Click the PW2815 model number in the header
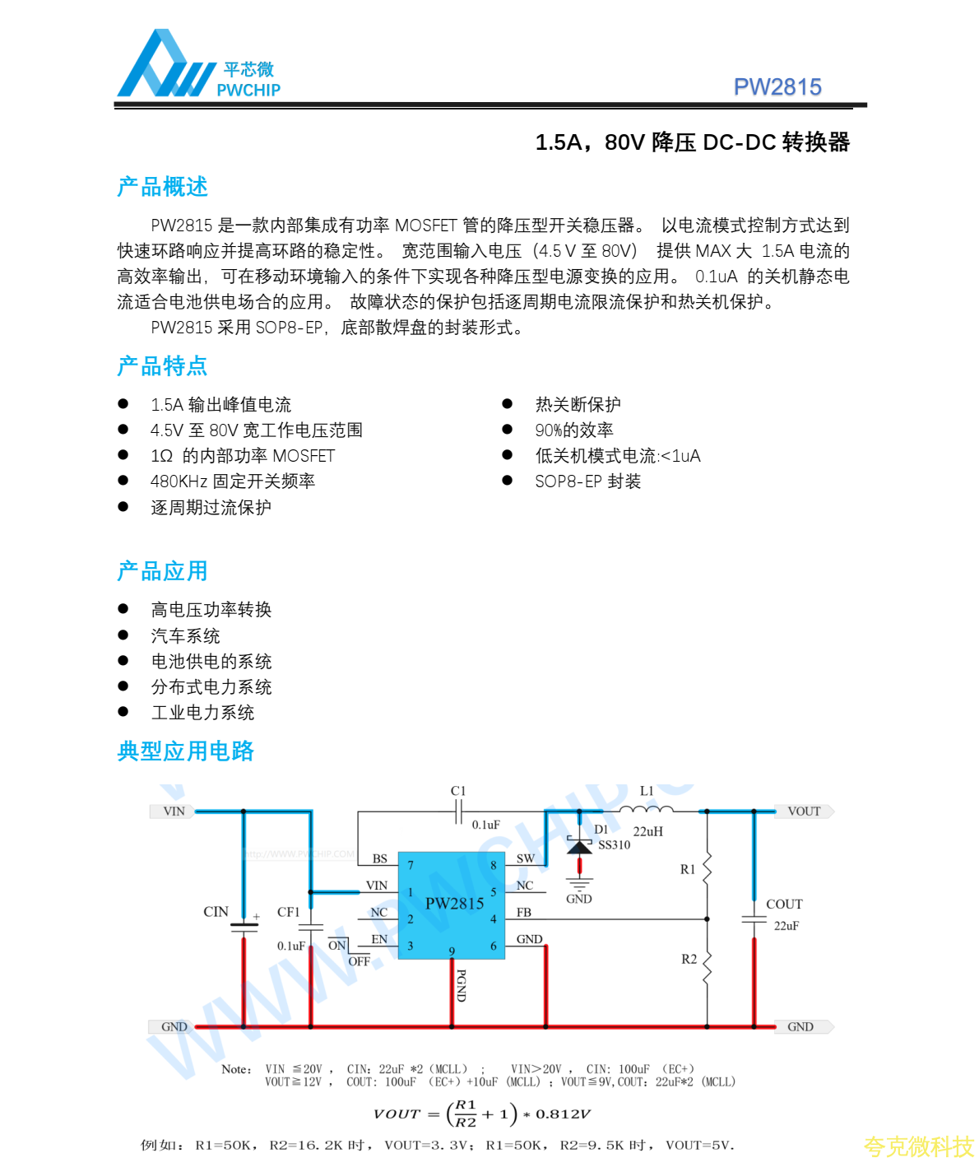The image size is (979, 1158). point(777,87)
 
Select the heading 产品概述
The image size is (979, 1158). point(162,187)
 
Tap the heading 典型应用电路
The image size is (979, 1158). point(185,751)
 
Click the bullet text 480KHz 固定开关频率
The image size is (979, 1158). point(232,481)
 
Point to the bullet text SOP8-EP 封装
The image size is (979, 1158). point(587,481)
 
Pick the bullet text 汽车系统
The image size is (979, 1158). point(185,635)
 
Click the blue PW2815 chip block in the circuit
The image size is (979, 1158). point(453,904)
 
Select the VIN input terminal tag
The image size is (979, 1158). point(172,812)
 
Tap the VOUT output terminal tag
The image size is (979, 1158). point(804,812)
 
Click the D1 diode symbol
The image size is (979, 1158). point(579,847)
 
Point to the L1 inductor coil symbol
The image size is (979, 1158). point(646,810)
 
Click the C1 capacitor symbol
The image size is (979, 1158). point(458,812)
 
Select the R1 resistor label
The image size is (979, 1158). point(688,869)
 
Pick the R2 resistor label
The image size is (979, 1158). point(689,959)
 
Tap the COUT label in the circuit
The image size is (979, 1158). point(784,904)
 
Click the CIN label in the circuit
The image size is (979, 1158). point(216,911)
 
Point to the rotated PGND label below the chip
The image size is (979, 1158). point(461,985)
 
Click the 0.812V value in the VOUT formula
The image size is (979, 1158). point(563,1114)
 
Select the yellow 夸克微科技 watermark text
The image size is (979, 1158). point(918,1146)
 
